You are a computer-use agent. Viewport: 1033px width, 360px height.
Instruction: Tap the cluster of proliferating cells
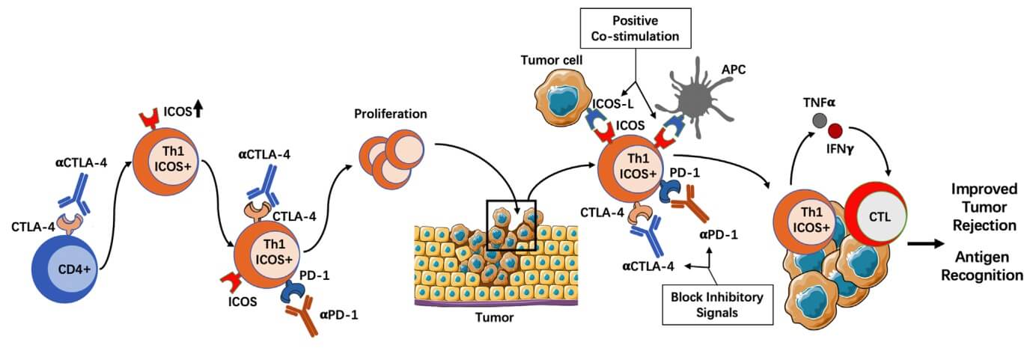(x=385, y=160)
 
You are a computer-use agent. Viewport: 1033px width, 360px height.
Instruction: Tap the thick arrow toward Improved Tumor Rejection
(x=925, y=243)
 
